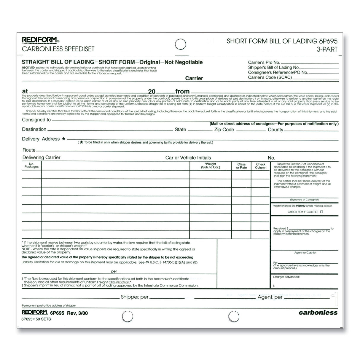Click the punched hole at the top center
(181, 44)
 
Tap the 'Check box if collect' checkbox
(321, 212)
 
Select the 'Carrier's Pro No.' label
(264, 63)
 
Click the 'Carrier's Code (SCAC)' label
(270, 77)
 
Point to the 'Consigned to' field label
(36, 120)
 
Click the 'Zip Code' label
(224, 130)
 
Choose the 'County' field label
(275, 130)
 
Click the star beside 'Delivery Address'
(63, 138)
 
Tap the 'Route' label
(29, 150)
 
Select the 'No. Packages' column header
(31, 165)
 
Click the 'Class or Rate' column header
(241, 166)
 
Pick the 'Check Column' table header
(261, 166)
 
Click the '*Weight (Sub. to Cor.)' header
(211, 165)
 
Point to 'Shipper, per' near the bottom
(134, 297)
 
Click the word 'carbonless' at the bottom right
(318, 312)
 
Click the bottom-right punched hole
(234, 316)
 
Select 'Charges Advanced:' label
(286, 277)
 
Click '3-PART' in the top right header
(327, 50)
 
